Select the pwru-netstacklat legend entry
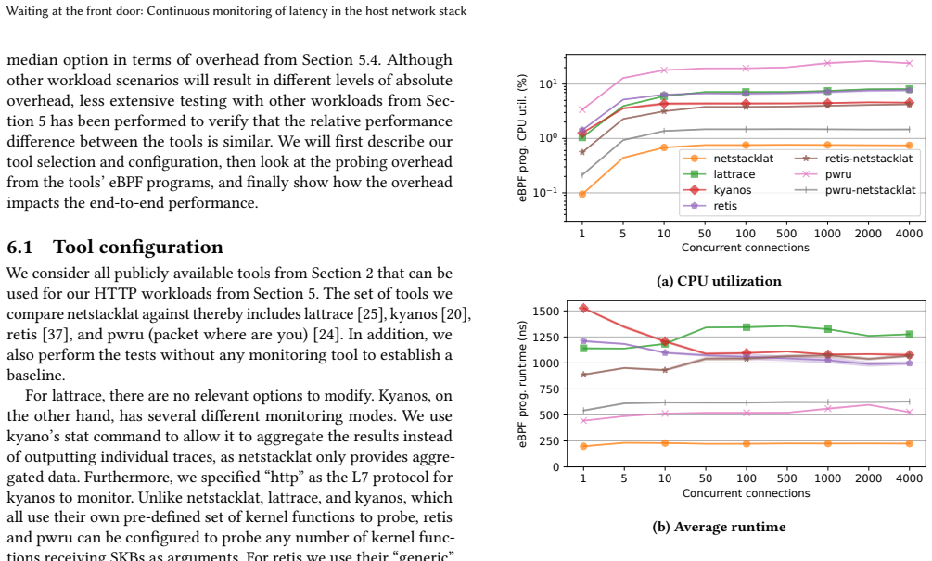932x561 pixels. click(x=855, y=190)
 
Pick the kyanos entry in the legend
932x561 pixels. click(x=717, y=190)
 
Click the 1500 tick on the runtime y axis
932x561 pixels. click(x=545, y=312)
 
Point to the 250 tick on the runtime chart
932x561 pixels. click(x=549, y=441)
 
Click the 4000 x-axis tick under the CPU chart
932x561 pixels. click(x=909, y=234)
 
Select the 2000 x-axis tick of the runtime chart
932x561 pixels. click(x=868, y=478)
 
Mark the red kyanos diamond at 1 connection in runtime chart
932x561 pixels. click(x=583, y=308)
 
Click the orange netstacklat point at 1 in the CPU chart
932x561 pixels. click(x=581, y=194)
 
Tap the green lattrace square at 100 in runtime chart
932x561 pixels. click(x=746, y=326)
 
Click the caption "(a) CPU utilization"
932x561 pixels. click(x=719, y=281)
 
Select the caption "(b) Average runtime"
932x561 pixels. click(x=719, y=527)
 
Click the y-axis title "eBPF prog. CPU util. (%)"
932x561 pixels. click(x=522, y=138)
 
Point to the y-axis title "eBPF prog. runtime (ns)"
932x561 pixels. click(x=522, y=384)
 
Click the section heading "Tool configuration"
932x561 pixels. click(x=138, y=248)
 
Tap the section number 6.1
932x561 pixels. click(x=19, y=248)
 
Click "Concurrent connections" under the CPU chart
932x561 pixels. click(x=746, y=248)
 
